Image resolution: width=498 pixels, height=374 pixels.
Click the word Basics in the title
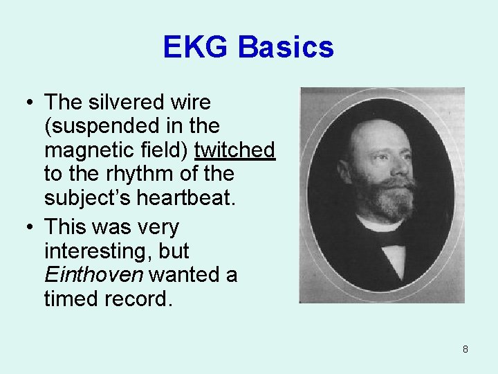point(286,48)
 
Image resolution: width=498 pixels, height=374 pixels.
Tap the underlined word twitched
point(235,150)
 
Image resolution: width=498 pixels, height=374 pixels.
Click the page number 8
point(465,349)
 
